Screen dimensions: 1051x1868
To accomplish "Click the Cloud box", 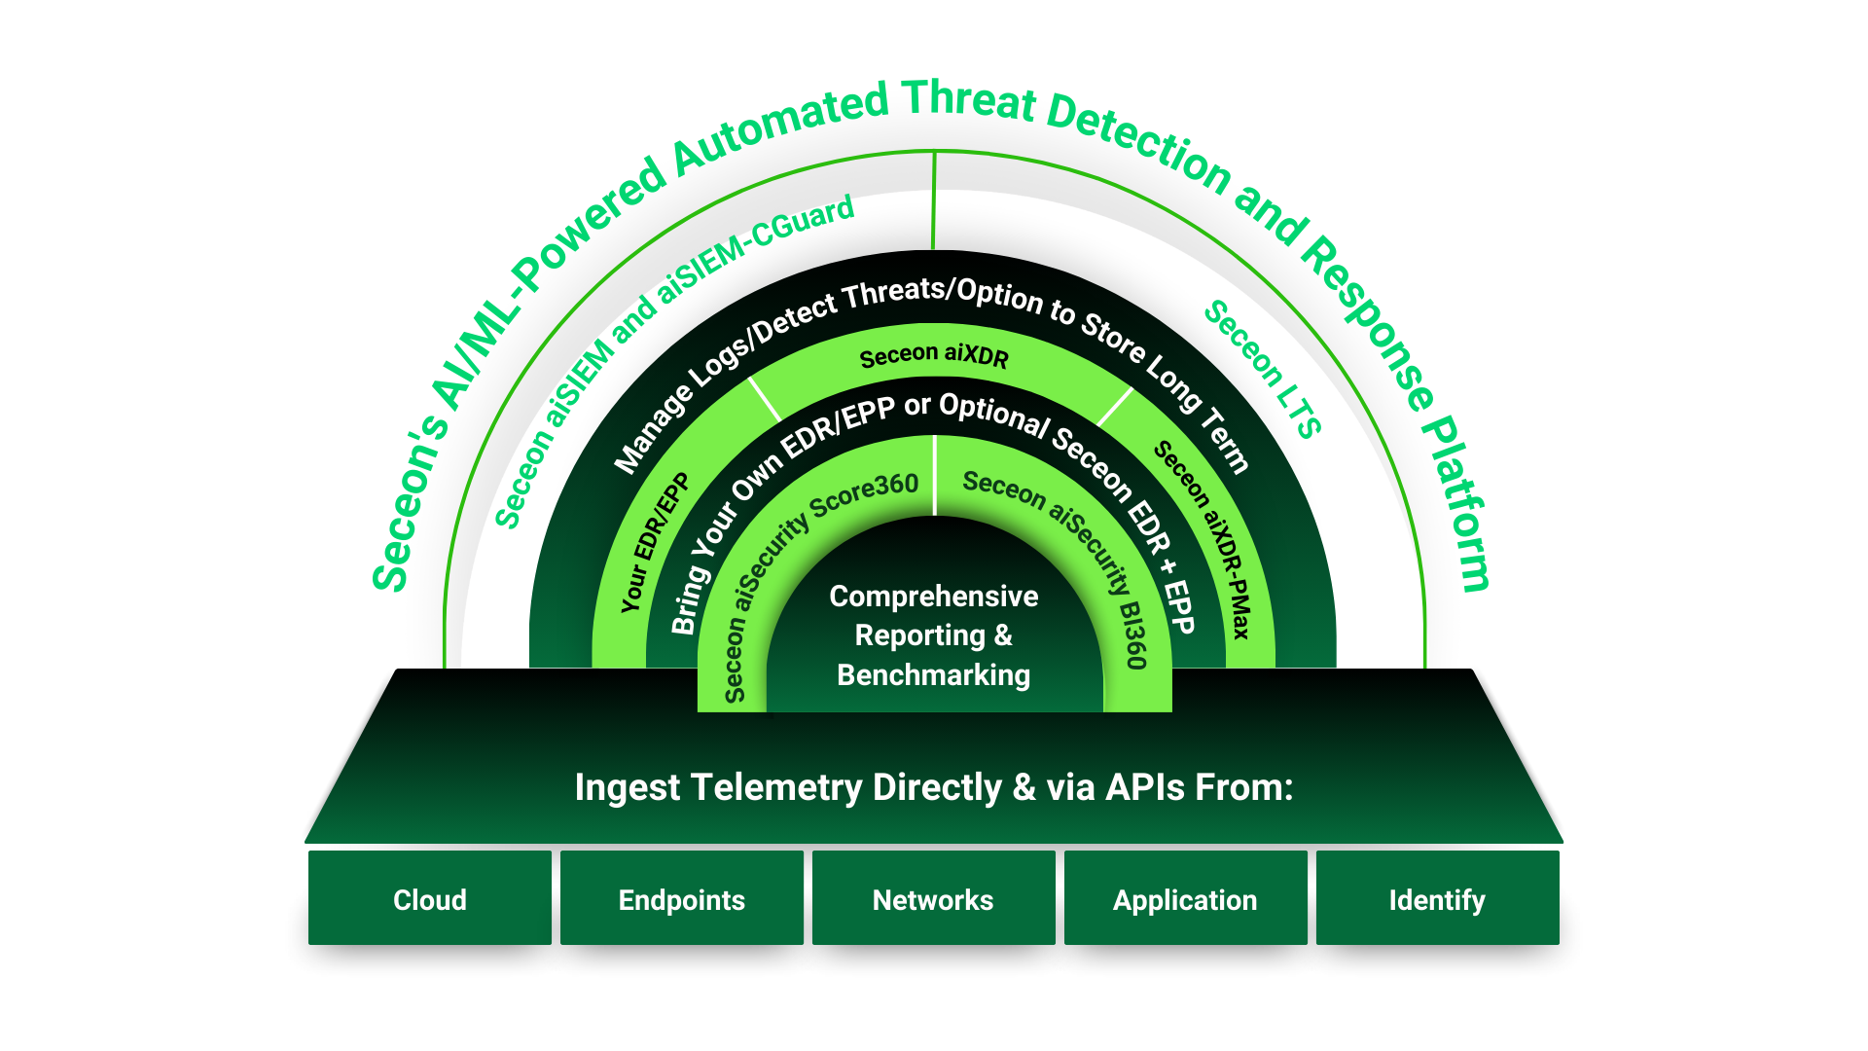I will (429, 899).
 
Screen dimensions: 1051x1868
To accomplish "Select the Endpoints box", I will (681, 899).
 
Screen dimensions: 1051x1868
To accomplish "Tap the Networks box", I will (933, 899).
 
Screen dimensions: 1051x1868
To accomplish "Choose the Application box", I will (1185, 899).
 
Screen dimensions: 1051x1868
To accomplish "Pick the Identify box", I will (1437, 899).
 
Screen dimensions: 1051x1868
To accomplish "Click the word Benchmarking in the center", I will (933, 674).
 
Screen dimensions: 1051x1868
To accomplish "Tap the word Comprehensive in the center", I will (933, 596).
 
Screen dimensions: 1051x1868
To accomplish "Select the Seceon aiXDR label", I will (934, 355).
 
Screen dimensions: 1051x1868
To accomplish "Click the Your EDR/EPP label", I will (654, 543).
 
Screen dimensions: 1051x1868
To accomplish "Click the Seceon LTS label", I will (1263, 370).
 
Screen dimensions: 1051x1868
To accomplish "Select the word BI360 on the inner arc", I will (1132, 634).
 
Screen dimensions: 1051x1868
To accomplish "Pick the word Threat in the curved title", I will (969, 101).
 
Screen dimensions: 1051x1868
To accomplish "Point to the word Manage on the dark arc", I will (653, 428).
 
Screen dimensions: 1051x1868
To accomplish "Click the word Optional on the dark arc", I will (994, 414).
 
